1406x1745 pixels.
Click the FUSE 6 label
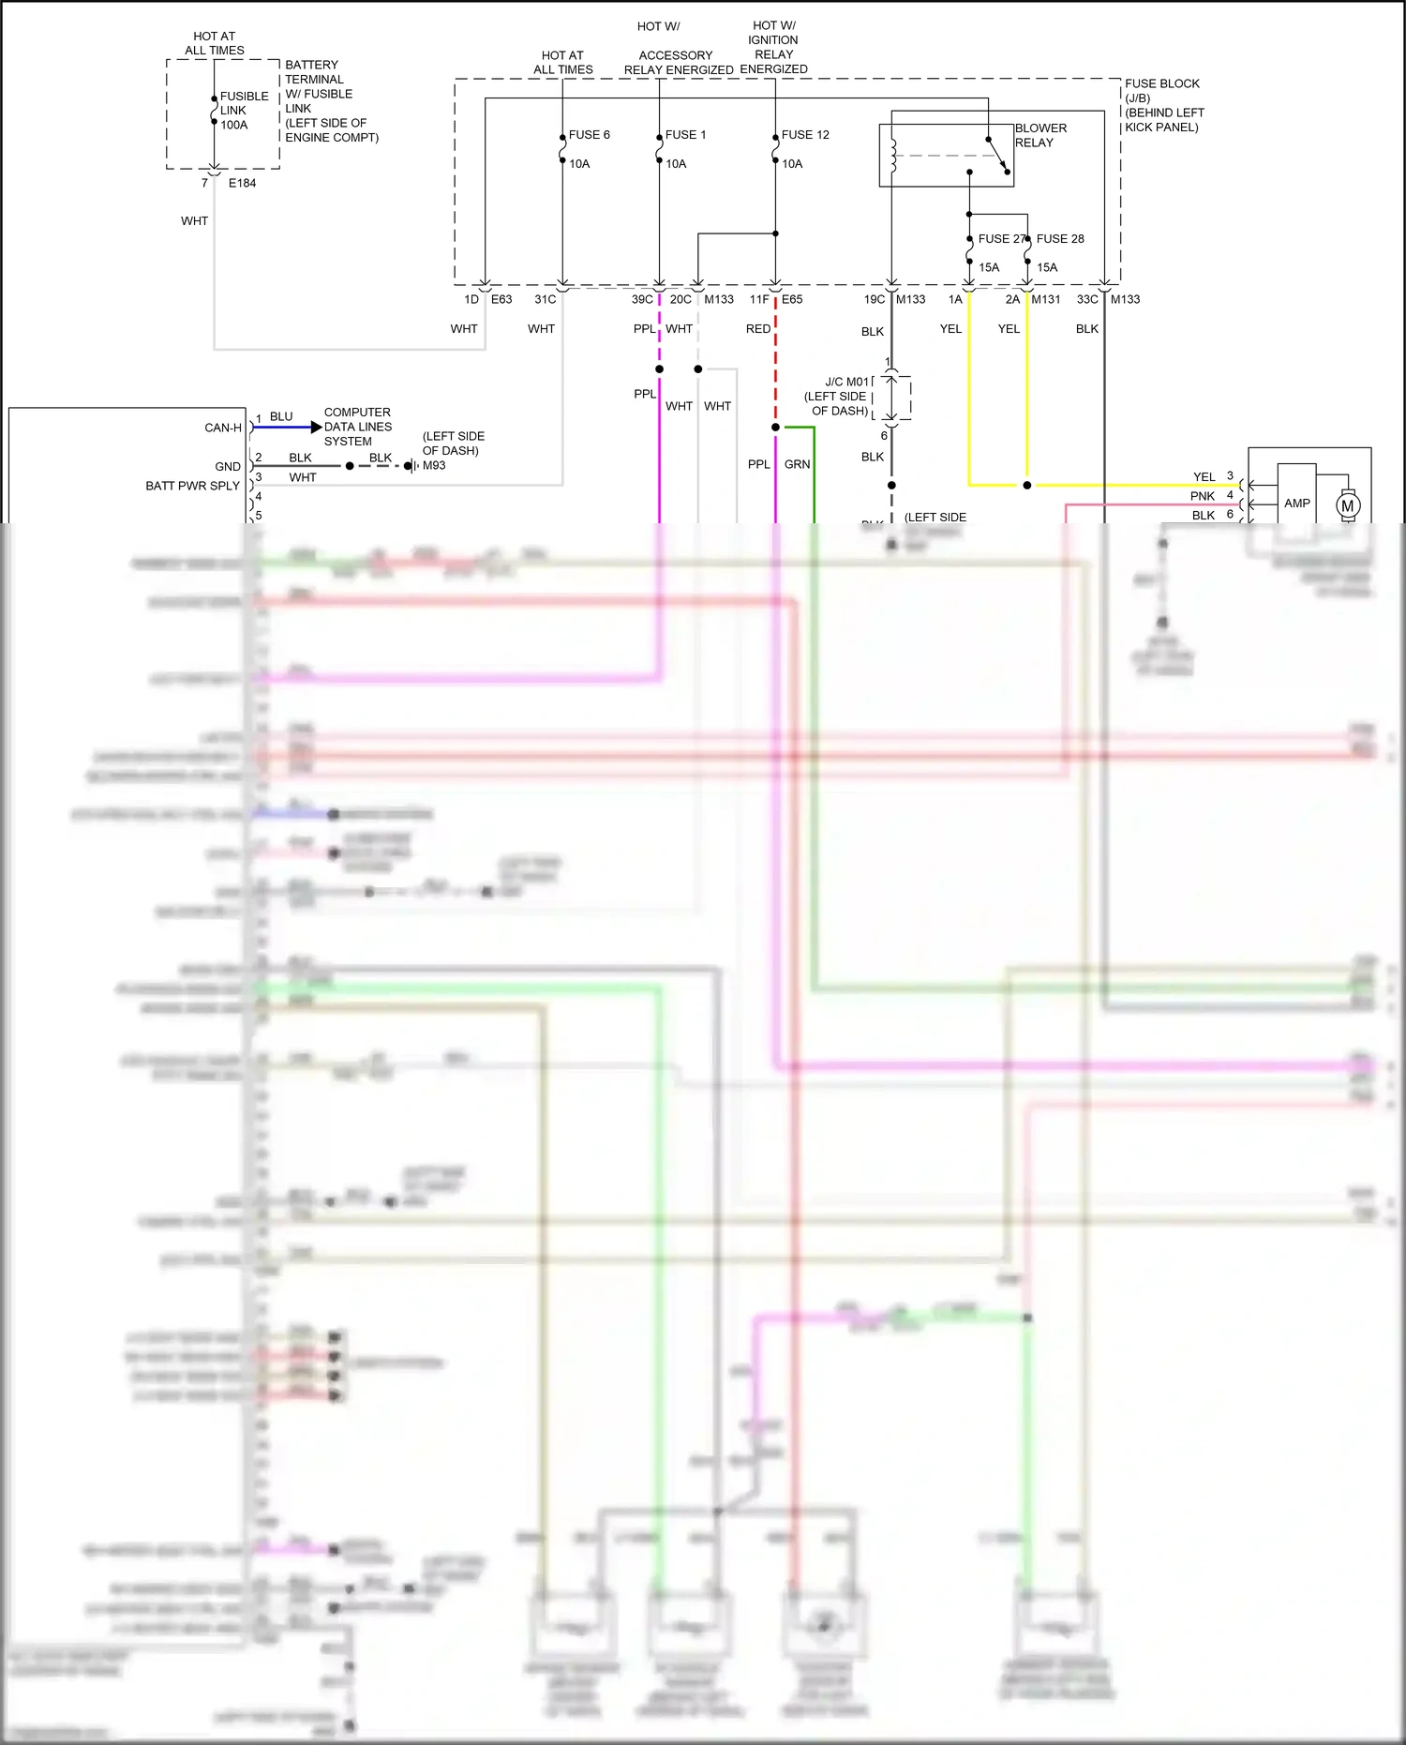(x=590, y=135)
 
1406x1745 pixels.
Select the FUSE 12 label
(x=804, y=135)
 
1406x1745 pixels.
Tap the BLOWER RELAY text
(x=1040, y=135)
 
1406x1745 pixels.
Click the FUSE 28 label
(x=1060, y=239)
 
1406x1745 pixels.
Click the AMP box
(x=1296, y=504)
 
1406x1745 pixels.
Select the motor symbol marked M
(x=1348, y=506)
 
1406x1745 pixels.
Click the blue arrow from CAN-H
(x=287, y=428)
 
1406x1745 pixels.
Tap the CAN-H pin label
(x=223, y=428)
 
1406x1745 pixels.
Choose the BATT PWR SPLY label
(x=192, y=486)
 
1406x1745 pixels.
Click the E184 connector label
(x=242, y=184)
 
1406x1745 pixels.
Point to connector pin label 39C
(x=641, y=300)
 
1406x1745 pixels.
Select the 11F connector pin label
(x=759, y=300)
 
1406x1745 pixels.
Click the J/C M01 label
(x=847, y=383)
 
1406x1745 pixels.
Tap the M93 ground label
(x=434, y=466)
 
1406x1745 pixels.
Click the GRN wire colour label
(x=797, y=464)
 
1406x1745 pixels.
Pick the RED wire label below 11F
(x=758, y=329)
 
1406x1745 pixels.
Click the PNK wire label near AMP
(x=1203, y=496)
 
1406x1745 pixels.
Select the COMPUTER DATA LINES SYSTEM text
(x=357, y=427)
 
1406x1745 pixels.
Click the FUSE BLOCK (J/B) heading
(x=1162, y=91)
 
